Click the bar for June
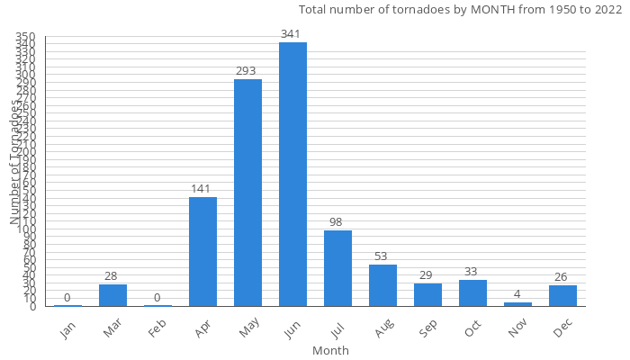click(292, 175)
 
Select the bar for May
click(247, 193)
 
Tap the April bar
click(202, 252)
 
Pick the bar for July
click(337, 268)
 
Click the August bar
click(382, 285)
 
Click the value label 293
click(247, 71)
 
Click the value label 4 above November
click(517, 294)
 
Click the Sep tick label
click(427, 329)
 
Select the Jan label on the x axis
click(67, 329)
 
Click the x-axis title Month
click(330, 350)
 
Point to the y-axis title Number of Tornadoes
click(15, 162)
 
